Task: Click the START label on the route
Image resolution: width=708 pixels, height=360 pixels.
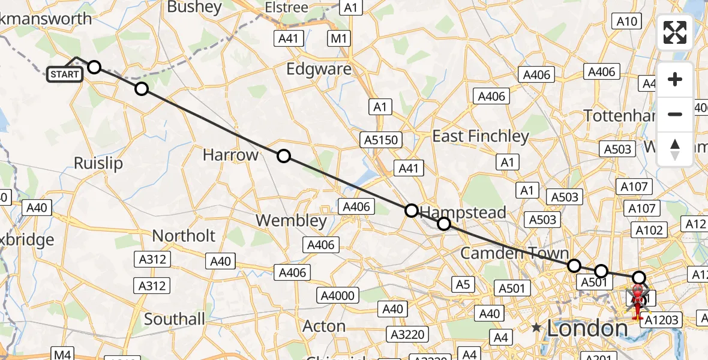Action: tap(65, 74)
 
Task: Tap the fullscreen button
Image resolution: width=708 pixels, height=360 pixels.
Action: tap(675, 32)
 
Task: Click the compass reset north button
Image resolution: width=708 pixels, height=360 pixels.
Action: tap(675, 149)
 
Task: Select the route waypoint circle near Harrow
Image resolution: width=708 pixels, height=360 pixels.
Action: tap(284, 156)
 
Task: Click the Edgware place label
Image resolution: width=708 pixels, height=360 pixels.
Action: tap(319, 69)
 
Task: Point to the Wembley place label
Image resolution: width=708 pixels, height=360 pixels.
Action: tap(291, 220)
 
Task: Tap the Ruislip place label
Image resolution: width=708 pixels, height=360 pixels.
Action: tap(98, 163)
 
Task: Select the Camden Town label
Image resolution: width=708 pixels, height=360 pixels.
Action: tap(514, 253)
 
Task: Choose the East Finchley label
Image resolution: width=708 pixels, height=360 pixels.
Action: tap(481, 136)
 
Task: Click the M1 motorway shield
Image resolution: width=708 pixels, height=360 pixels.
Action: tap(339, 39)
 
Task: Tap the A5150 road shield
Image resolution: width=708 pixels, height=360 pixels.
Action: tap(380, 140)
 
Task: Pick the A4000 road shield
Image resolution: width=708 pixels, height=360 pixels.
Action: tap(339, 295)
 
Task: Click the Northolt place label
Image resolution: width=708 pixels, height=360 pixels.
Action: tap(184, 235)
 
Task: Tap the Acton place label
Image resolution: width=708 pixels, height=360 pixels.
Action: tap(325, 326)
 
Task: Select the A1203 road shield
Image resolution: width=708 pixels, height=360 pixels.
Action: tap(662, 320)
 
